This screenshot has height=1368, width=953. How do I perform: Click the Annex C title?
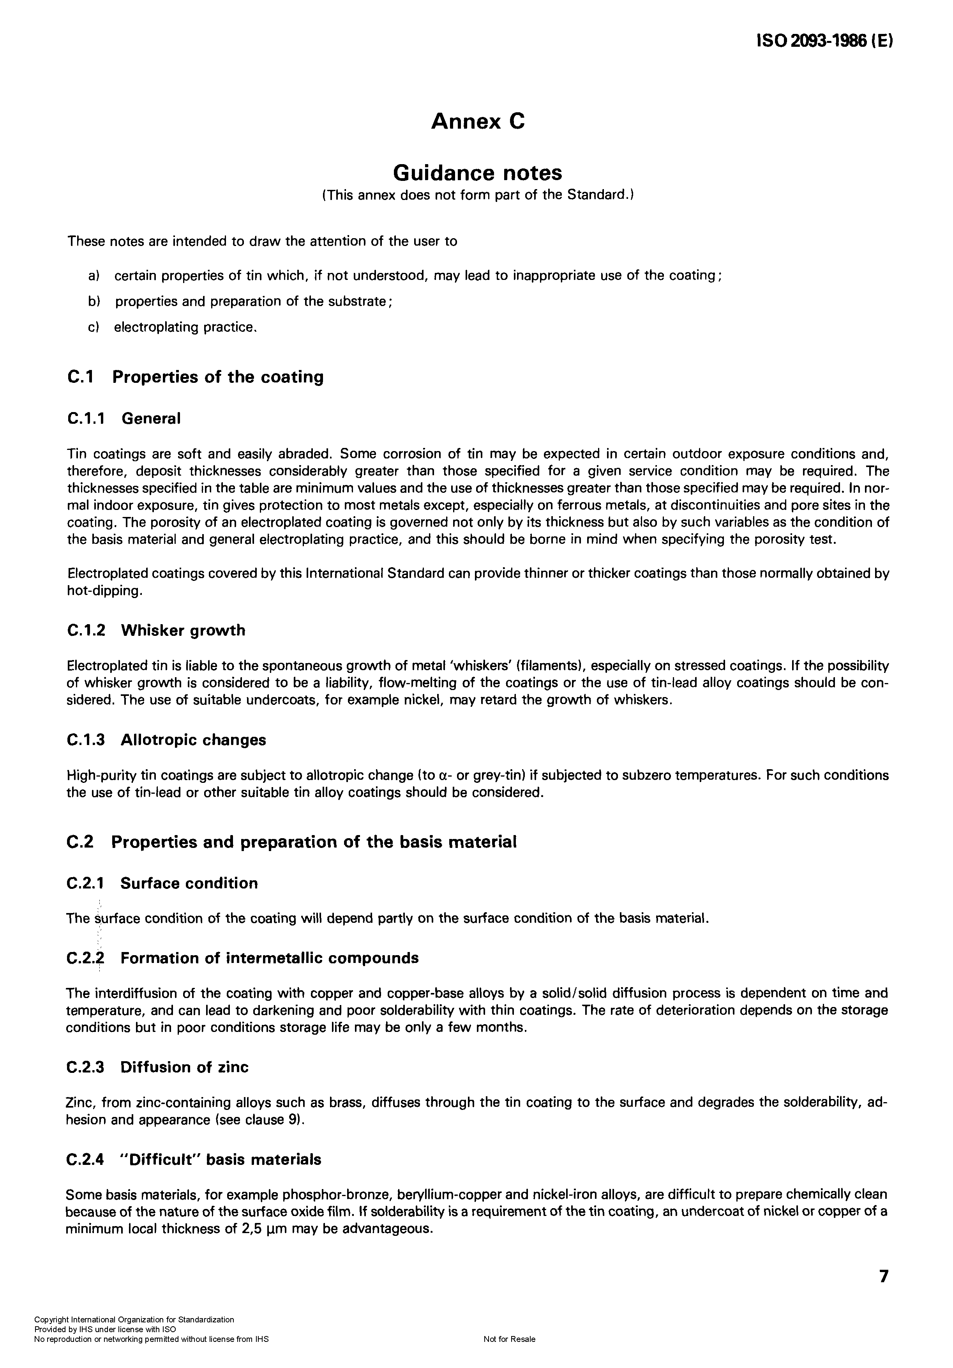478,122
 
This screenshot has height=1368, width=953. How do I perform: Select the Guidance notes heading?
477,173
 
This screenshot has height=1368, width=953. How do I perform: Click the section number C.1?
80,377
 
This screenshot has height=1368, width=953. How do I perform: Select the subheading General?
151,418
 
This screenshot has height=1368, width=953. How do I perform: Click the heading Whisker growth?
183,630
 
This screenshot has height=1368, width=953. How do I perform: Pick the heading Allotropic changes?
193,740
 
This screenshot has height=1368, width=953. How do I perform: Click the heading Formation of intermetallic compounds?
269,958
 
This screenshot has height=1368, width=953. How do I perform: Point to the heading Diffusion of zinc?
184,1067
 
